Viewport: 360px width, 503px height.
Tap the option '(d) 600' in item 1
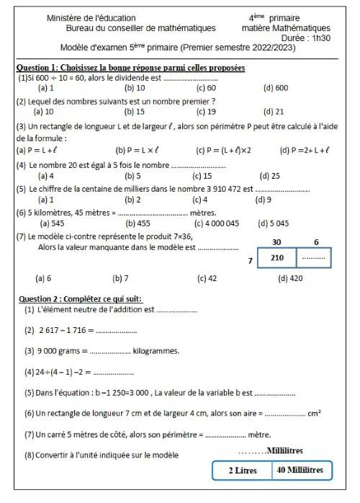(275, 87)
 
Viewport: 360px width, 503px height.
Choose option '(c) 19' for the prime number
(206, 112)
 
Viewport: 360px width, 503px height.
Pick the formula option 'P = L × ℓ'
(149, 150)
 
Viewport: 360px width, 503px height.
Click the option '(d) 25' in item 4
(270, 175)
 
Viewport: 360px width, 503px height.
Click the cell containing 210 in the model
(276, 258)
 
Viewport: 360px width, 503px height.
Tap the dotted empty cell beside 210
(313, 258)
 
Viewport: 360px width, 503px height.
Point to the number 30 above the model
(276, 243)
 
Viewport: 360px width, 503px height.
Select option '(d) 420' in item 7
(289, 277)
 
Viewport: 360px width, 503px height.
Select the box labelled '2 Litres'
(243, 471)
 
